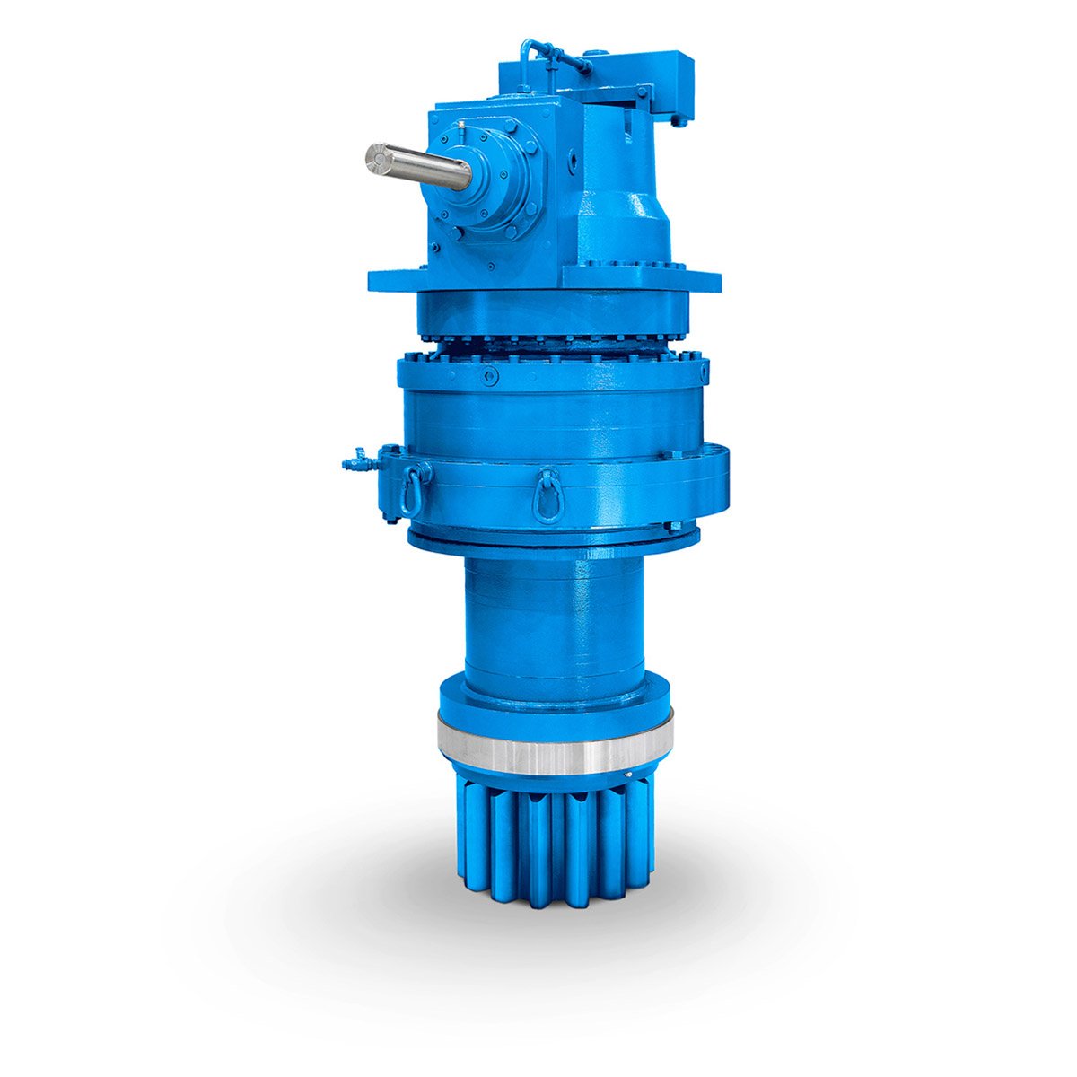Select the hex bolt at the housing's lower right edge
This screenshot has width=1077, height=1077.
pyautogui.click(x=671, y=526)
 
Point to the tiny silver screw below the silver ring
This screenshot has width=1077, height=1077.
pyautogui.click(x=629, y=774)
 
